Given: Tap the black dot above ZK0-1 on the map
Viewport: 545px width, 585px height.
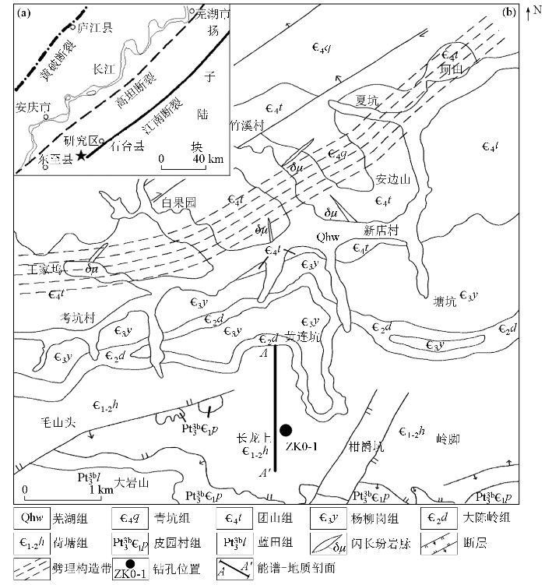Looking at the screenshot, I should tap(287, 429).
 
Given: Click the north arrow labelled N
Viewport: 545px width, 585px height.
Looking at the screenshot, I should tap(533, 11).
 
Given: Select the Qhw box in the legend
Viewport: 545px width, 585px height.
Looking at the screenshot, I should tap(35, 516).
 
